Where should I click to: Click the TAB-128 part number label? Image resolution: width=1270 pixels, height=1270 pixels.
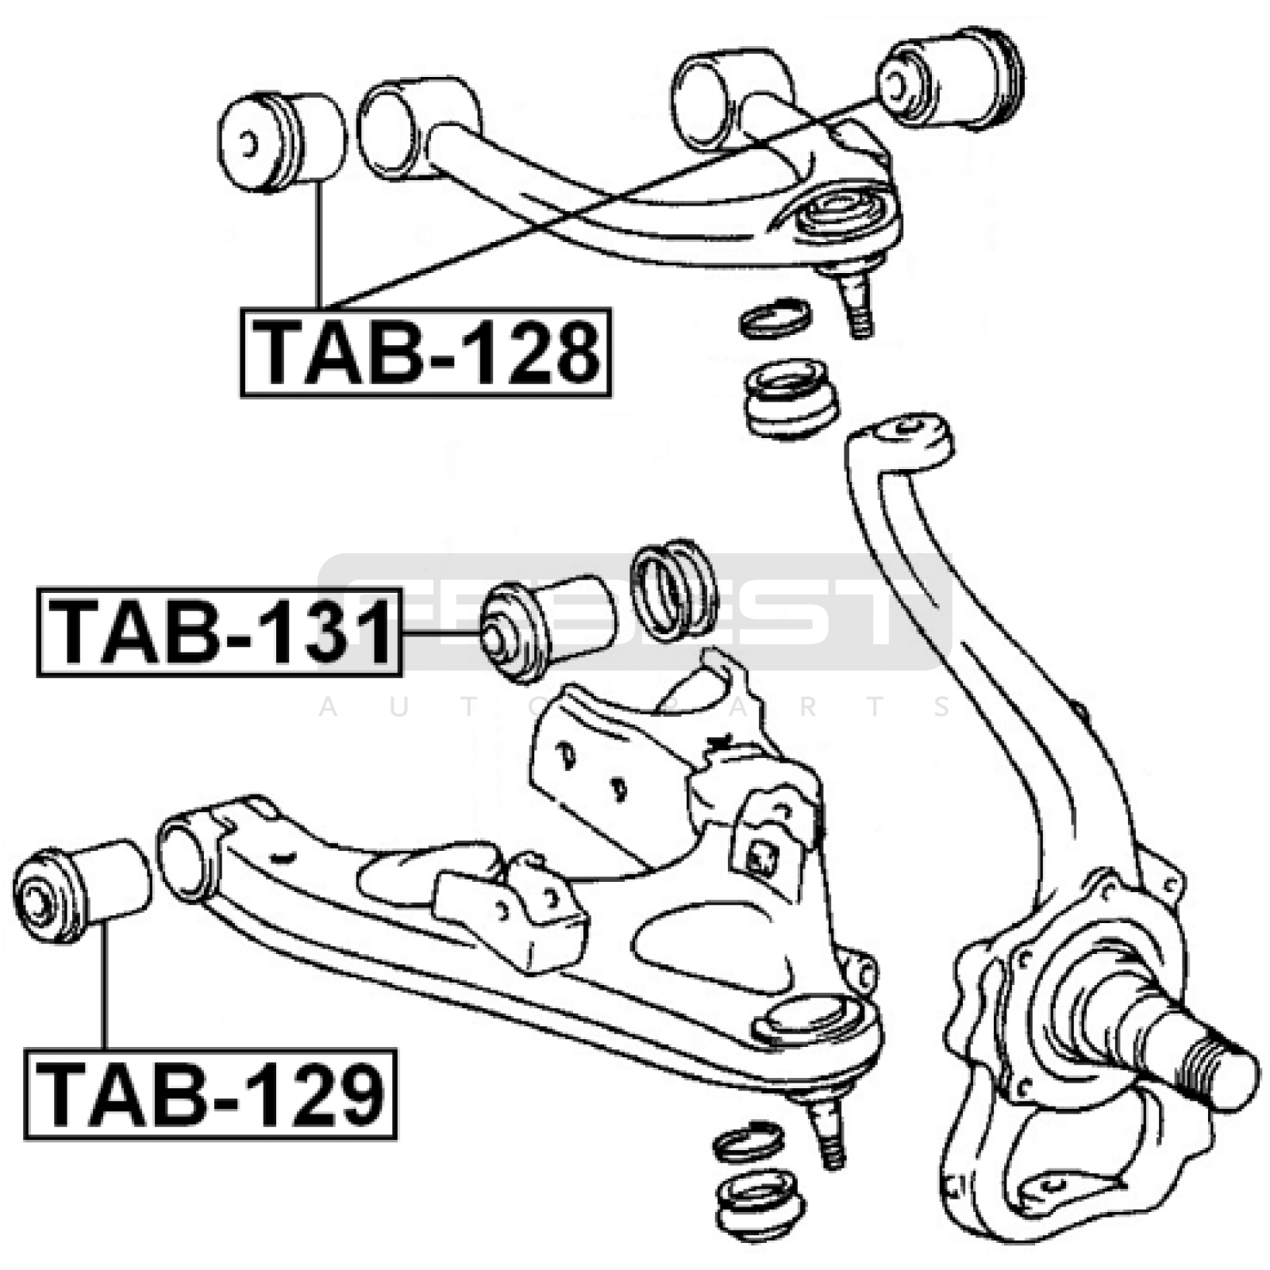click(x=426, y=352)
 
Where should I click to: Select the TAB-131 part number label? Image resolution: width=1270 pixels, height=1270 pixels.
click(x=219, y=631)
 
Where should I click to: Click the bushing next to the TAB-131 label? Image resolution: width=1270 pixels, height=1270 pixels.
click(x=548, y=629)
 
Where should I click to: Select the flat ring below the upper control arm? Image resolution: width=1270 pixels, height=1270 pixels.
click(x=774, y=317)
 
